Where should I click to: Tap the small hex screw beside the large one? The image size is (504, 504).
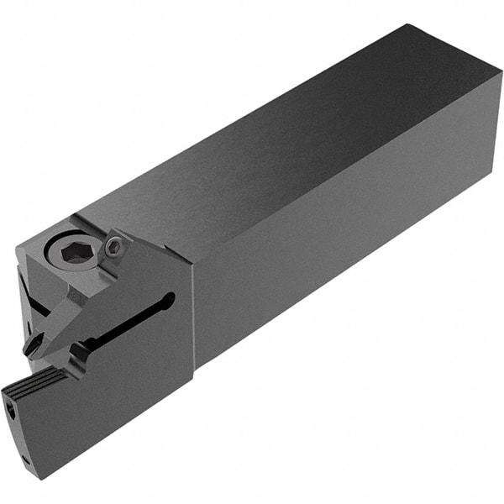[115, 247]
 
